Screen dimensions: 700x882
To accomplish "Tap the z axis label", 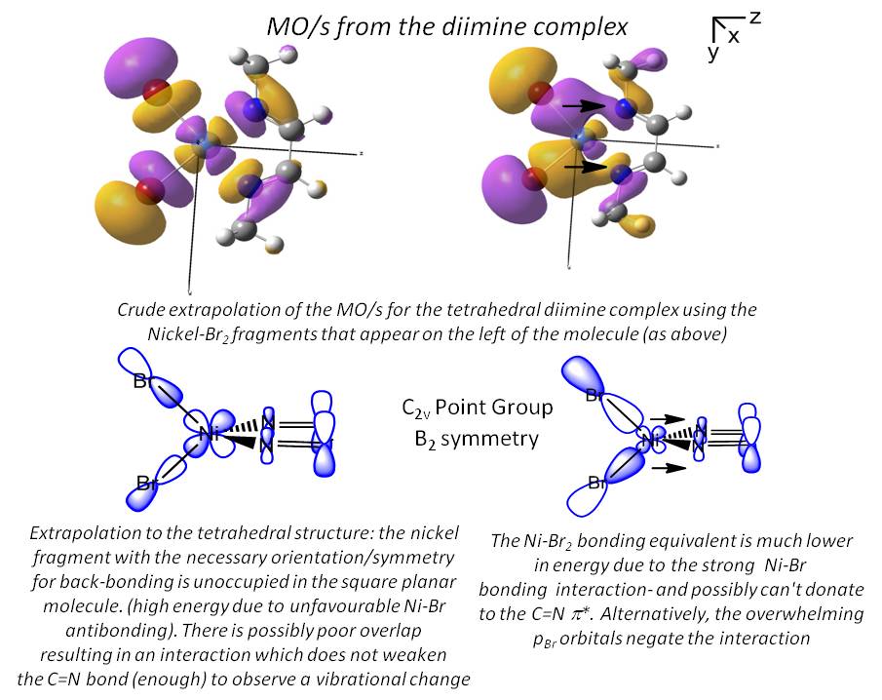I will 754,18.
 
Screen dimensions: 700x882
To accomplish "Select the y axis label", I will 712,54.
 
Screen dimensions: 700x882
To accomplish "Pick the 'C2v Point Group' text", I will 478,407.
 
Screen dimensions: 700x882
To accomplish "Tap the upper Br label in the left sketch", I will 143,381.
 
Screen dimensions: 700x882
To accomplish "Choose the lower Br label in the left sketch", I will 148,483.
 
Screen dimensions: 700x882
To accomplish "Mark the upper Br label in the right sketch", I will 595,396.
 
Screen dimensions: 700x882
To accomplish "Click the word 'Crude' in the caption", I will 142,310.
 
